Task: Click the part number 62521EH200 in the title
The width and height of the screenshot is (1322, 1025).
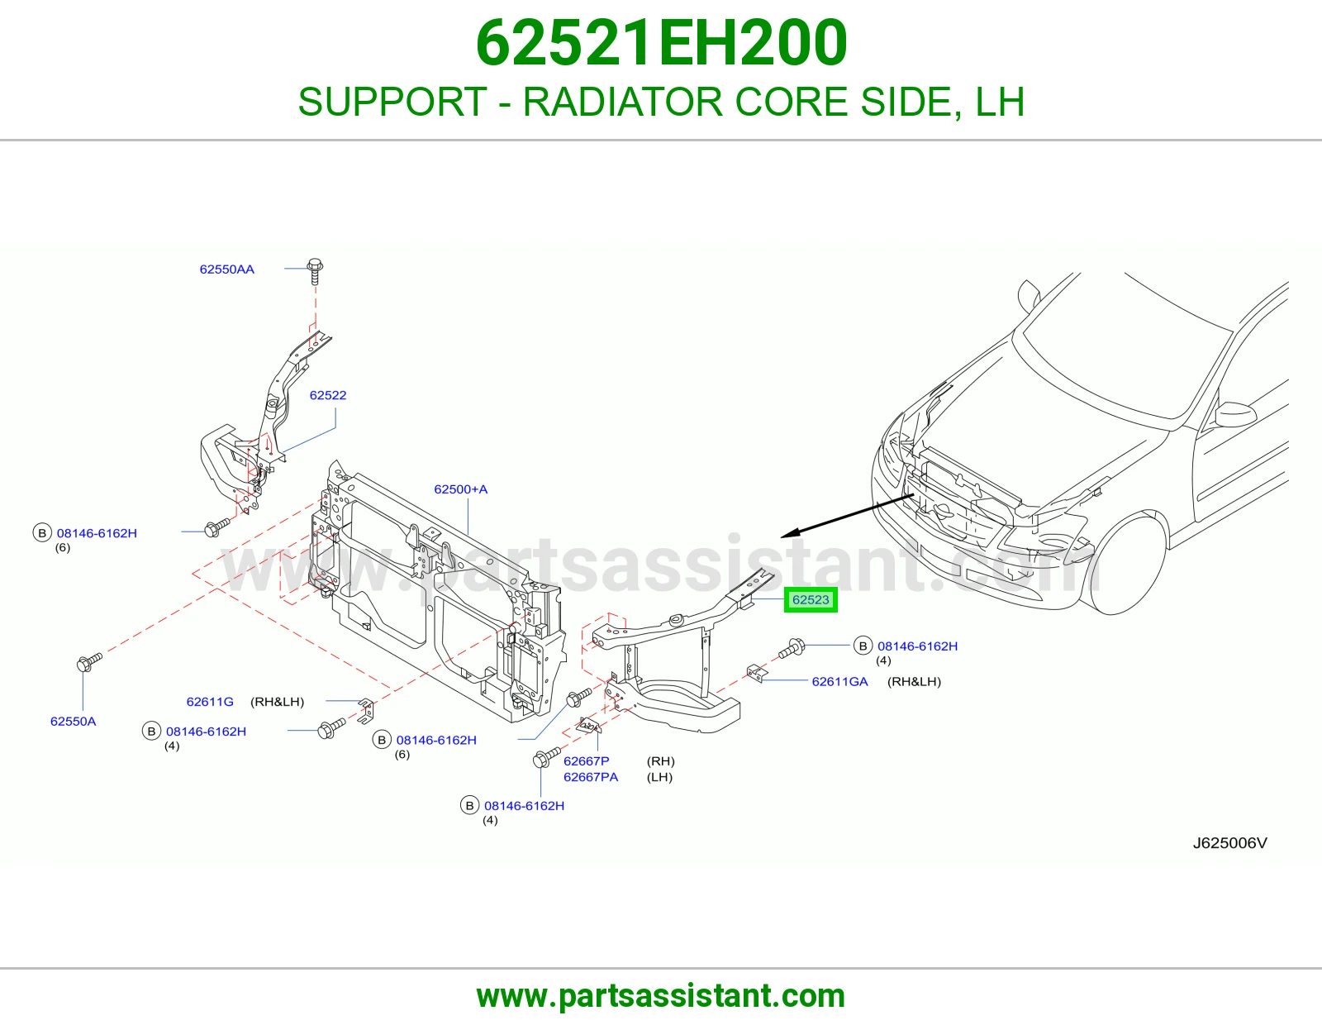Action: coord(661,43)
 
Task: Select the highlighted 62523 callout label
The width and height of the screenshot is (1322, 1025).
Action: coord(811,599)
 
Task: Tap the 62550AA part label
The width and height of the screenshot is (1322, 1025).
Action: coord(227,269)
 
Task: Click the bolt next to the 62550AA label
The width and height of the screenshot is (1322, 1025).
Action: coord(315,271)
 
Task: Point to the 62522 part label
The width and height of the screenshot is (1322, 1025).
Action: coord(328,395)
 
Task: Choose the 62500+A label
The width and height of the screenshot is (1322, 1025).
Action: coord(460,489)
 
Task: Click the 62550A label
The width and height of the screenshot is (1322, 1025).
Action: coord(73,722)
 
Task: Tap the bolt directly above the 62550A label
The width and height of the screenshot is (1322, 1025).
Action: coord(89,662)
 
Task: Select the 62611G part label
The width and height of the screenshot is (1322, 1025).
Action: coord(210,702)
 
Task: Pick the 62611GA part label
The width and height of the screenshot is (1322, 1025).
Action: coord(839,682)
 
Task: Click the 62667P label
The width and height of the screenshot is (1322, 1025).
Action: coord(586,760)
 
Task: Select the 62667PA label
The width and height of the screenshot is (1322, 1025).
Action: coord(591,777)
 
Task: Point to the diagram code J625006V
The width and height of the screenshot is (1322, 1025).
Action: coord(1229,843)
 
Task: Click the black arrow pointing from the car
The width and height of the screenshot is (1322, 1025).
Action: coord(847,516)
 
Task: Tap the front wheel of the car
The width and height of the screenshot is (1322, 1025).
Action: coord(1127,563)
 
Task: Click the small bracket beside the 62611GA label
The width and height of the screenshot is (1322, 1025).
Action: coord(757,673)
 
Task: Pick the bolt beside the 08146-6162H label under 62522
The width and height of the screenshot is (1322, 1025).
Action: coord(217,527)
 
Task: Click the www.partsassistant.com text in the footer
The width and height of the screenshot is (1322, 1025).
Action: coord(661,996)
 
